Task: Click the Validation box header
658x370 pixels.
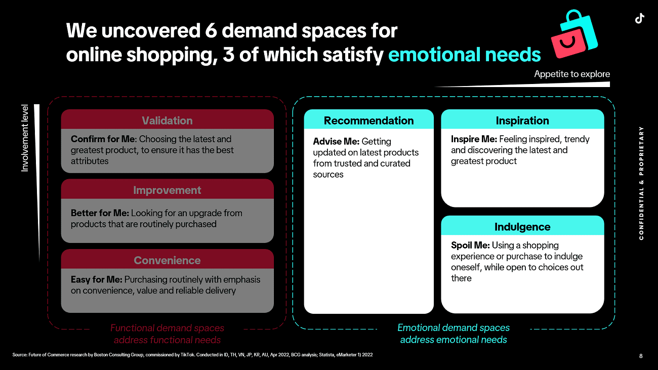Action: point(167,120)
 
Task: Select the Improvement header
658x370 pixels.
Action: point(167,190)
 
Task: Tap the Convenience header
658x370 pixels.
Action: point(167,260)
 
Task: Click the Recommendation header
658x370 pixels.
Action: point(368,120)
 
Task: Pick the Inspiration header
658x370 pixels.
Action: point(522,120)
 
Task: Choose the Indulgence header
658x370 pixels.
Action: point(522,227)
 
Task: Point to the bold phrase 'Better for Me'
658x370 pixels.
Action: point(100,213)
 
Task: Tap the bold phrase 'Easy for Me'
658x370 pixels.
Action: point(96,279)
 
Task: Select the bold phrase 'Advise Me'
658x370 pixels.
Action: point(336,141)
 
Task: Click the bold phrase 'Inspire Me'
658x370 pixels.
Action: point(474,139)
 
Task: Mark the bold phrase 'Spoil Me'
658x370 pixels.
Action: point(470,245)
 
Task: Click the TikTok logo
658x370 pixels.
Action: point(639,18)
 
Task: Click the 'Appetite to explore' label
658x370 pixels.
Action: point(572,74)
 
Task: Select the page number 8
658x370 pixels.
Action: point(641,356)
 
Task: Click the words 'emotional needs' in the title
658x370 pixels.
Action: point(464,55)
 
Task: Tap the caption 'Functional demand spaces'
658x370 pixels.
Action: point(167,328)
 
